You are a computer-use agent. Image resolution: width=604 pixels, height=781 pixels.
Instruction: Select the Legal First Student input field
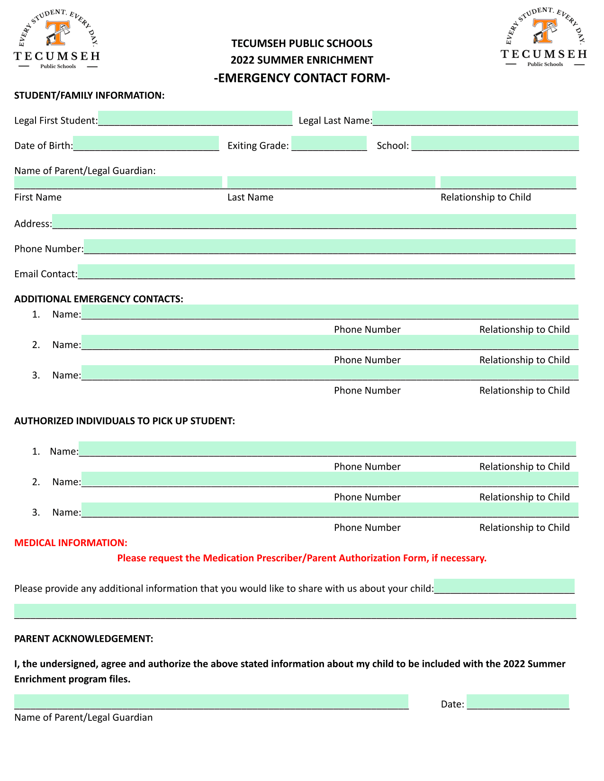[195, 118]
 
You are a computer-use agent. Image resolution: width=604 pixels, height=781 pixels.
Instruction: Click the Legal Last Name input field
[475, 118]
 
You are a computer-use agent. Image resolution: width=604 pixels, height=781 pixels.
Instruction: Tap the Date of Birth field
[146, 144]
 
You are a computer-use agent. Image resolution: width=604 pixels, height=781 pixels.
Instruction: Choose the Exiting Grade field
[329, 144]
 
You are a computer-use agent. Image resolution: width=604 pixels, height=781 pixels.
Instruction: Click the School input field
[495, 144]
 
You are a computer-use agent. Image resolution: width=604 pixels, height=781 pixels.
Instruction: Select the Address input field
[314, 222]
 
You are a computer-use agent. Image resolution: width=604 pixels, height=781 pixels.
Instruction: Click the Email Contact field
[326, 272]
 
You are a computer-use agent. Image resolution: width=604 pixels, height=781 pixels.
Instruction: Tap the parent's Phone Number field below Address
[330, 247]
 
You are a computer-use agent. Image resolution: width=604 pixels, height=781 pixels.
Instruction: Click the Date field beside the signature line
[518, 702]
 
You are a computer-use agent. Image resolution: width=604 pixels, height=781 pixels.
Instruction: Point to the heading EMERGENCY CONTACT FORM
[302, 78]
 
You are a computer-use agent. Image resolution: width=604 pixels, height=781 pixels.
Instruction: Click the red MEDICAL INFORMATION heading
[71, 543]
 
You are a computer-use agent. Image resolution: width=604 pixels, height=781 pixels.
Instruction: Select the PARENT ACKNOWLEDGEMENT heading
[83, 638]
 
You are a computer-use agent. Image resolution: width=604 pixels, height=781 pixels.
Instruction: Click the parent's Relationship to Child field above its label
[508, 182]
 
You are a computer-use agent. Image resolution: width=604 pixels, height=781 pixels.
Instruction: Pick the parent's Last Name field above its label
[331, 182]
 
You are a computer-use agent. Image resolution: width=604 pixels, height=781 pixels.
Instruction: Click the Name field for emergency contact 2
[330, 342]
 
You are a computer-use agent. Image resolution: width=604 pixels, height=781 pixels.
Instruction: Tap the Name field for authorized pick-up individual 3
[330, 510]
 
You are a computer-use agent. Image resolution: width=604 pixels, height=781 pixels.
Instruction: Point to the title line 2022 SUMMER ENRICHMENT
[302, 60]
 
